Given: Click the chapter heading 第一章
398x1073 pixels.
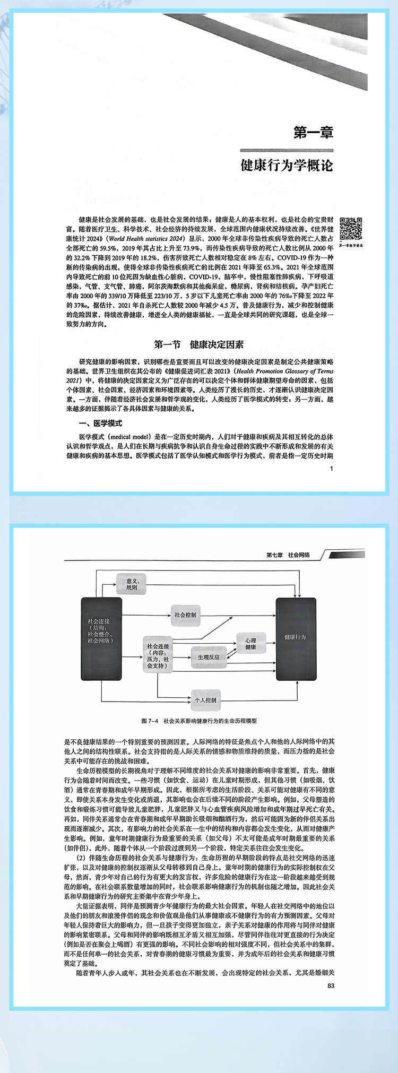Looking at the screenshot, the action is click(313, 132).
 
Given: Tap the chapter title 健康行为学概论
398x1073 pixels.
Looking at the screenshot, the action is click(287, 166).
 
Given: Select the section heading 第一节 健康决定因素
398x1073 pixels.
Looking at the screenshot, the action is click(198, 344).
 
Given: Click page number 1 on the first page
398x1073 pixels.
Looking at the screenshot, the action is click(331, 468).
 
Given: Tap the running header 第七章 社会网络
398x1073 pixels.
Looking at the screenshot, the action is click(288, 555).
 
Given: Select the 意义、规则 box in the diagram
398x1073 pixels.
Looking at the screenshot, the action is click(131, 584).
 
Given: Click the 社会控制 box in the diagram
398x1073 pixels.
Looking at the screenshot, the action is click(185, 615).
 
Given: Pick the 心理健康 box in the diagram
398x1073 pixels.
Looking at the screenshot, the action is click(250, 644).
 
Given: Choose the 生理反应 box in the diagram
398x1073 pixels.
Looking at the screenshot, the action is click(209, 657).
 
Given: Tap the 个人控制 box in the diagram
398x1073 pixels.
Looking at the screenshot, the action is click(205, 700).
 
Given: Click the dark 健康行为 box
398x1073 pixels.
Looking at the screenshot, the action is click(295, 637).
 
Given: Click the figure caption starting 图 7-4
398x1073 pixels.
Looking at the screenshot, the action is click(199, 721).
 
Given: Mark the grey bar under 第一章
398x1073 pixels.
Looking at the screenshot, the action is click(287, 150).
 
